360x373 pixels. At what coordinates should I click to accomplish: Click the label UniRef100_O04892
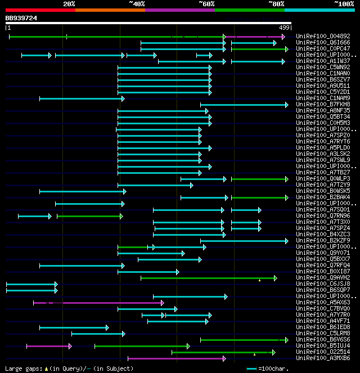pos(323,37)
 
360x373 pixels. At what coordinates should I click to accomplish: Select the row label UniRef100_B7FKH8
pos(323,105)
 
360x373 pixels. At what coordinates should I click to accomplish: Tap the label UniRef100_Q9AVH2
pos(323,278)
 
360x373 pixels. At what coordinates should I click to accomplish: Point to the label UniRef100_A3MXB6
pos(323,358)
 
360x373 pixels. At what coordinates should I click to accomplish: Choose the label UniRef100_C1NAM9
pos(323,98)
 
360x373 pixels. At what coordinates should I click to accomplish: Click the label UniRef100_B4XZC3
pos(323,235)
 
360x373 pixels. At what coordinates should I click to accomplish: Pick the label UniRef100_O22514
pos(323,352)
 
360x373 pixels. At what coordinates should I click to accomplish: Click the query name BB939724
pos(21,18)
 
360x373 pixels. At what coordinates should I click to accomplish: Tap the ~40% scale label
pos(137,3)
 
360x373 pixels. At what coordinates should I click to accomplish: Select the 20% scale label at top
pos(69,3)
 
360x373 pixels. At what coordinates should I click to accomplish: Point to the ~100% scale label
pos(344,3)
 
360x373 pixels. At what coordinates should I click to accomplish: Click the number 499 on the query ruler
pos(284,28)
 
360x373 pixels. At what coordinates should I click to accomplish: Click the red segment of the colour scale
pos(40,10)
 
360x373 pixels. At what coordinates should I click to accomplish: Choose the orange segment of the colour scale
pos(110,10)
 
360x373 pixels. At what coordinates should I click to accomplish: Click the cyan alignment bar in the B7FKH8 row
pos(244,105)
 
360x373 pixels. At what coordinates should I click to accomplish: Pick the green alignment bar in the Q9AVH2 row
pos(208,278)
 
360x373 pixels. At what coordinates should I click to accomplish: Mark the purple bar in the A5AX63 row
pos(98,303)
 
